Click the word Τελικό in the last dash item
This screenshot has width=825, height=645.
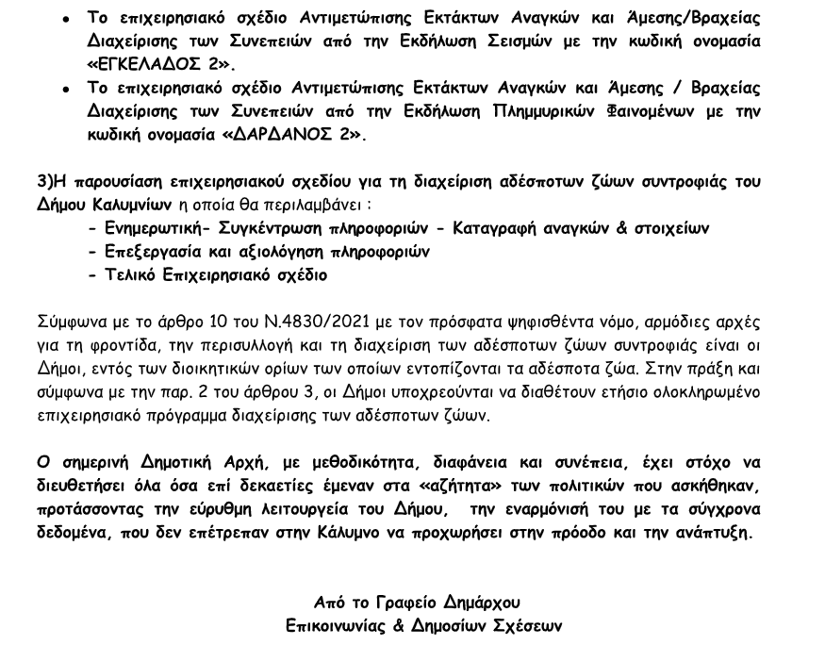(x=128, y=275)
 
